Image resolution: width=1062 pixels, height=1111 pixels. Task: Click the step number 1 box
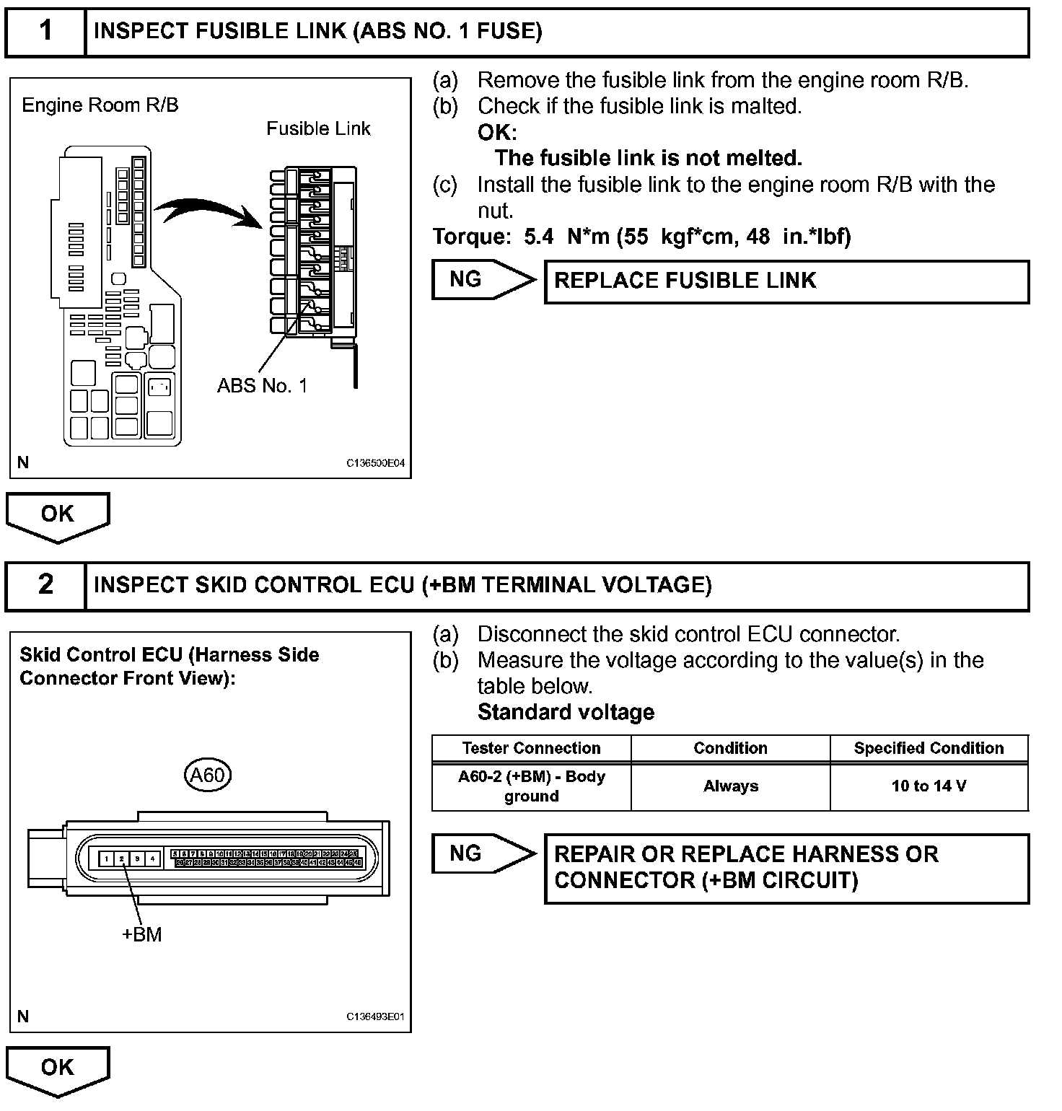click(45, 31)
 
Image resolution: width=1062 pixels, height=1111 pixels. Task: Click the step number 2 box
click(45, 584)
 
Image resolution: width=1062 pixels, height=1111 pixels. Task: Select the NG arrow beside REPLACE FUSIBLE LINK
click(483, 280)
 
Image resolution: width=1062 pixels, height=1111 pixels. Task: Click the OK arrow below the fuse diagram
click(58, 516)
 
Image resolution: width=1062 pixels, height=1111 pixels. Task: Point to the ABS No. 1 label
click(262, 386)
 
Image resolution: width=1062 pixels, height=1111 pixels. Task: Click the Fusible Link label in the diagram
click(318, 128)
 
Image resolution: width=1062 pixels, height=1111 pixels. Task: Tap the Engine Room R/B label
click(100, 105)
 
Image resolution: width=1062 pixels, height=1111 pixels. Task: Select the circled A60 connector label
click(207, 776)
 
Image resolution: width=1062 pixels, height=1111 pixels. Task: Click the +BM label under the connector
click(141, 934)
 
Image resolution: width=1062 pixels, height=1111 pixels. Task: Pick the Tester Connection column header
click(531, 748)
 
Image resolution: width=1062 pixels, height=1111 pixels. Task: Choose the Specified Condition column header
click(929, 748)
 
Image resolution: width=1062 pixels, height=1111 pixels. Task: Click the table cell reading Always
click(730, 786)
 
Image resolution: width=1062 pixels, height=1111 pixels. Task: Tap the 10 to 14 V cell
click(929, 786)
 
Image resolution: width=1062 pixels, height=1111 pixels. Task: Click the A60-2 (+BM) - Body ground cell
click(531, 786)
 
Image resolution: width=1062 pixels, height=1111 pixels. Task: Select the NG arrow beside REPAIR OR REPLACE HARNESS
click(483, 854)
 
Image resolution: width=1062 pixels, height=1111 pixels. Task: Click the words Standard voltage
click(566, 712)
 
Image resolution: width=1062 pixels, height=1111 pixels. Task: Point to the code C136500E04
click(375, 462)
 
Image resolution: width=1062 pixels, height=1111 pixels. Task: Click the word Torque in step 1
click(471, 236)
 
